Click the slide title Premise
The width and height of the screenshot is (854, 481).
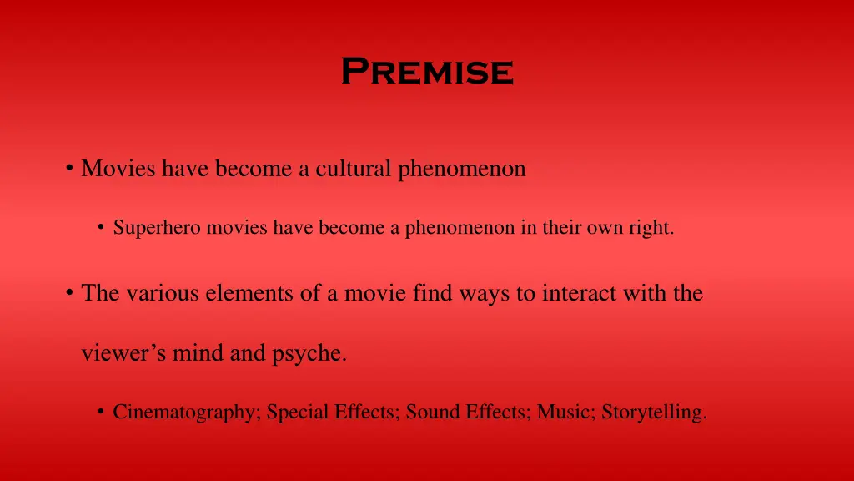pos(427,71)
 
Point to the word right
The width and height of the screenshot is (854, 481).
pos(652,227)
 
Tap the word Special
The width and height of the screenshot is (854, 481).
pos(296,412)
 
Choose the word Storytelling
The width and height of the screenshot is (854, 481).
pos(654,412)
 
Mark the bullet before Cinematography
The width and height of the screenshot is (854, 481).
pos(100,412)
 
